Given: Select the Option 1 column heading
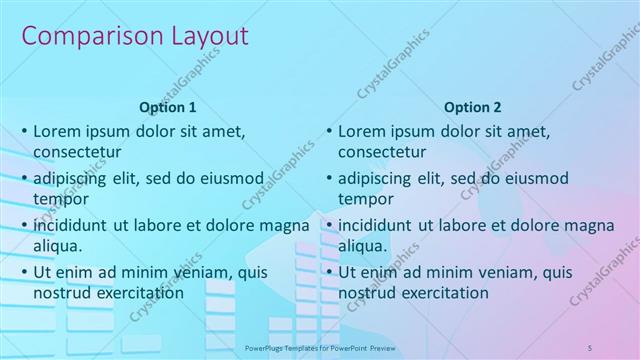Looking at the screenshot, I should pos(168,107).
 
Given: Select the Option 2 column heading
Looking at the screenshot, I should pos(473,107).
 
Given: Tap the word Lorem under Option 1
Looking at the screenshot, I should pos(57,131).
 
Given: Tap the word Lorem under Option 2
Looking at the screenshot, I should pos(362,131).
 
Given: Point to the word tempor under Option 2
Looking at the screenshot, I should pos(366,198).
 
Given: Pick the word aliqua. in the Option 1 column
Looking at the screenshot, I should pos(57,245).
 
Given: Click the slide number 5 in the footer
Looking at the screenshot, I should pos(590,346).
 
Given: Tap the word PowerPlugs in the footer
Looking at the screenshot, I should pos(264,346).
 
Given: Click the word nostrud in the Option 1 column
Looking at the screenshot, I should pos(61,293).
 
